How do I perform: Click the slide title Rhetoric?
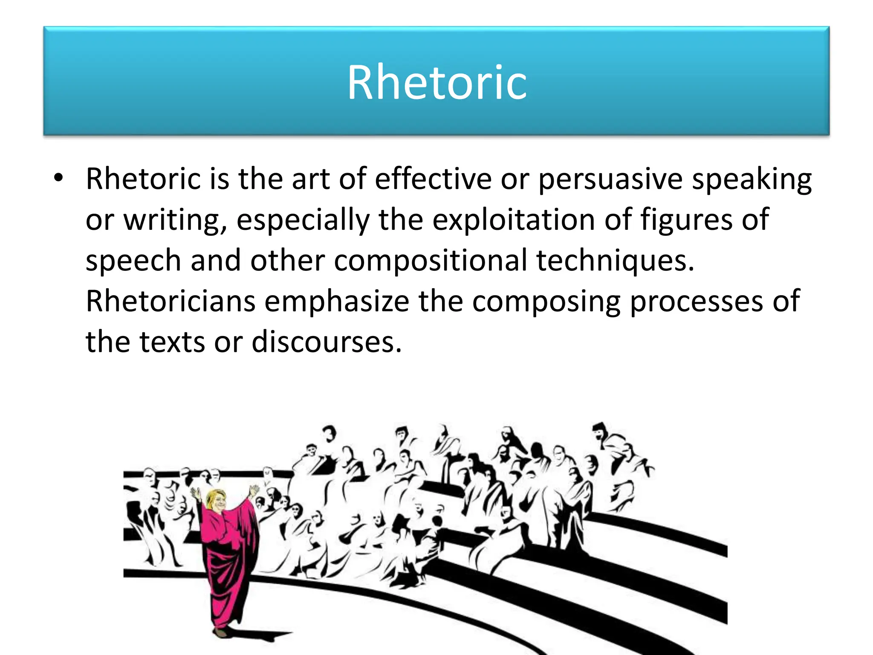click(437, 82)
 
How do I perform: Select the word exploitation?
click(514, 220)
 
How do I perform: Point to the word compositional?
click(430, 260)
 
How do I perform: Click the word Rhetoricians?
click(171, 301)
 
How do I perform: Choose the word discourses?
click(327, 342)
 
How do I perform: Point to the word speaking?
click(752, 180)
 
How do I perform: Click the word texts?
click(172, 342)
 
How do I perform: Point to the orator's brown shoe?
click(220, 632)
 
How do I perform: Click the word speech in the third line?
click(133, 261)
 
